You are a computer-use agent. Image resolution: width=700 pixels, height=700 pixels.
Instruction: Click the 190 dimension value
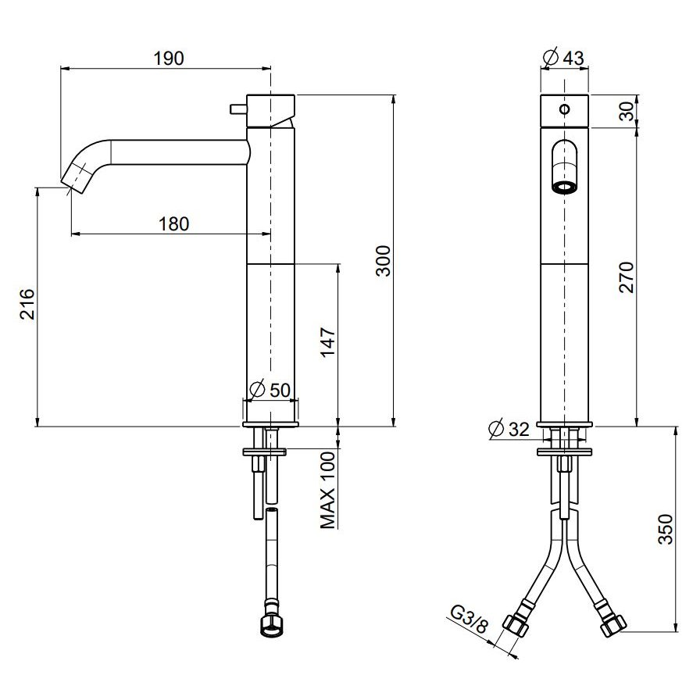(x=168, y=59)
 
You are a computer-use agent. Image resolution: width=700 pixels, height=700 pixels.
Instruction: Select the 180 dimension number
(x=173, y=223)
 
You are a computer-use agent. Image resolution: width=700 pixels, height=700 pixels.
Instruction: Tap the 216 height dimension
(x=27, y=304)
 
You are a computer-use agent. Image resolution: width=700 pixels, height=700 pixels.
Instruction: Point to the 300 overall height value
(x=383, y=261)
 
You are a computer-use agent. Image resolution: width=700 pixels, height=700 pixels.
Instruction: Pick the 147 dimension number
(x=328, y=342)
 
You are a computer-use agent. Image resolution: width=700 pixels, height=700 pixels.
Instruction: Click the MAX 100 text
(x=327, y=490)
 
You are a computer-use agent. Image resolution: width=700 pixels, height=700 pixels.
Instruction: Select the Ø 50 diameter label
(x=270, y=390)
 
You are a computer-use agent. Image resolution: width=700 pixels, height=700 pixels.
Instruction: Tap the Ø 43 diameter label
(x=563, y=57)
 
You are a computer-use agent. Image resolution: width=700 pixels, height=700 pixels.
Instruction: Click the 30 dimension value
(x=627, y=111)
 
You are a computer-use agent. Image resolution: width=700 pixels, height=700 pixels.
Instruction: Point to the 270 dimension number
(x=627, y=277)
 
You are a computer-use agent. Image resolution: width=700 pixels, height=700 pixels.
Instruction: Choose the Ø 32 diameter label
(x=509, y=429)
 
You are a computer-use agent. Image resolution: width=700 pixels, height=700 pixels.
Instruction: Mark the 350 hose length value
(x=665, y=529)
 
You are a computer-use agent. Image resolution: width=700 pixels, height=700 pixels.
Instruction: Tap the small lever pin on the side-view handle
(x=238, y=109)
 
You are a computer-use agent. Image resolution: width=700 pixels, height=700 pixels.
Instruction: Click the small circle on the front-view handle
(x=565, y=109)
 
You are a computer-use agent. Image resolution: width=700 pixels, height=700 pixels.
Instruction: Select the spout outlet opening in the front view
(x=565, y=187)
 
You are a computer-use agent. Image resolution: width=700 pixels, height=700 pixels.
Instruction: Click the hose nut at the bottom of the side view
(x=271, y=625)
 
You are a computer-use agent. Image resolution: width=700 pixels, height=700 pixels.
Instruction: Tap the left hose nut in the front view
(x=516, y=624)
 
